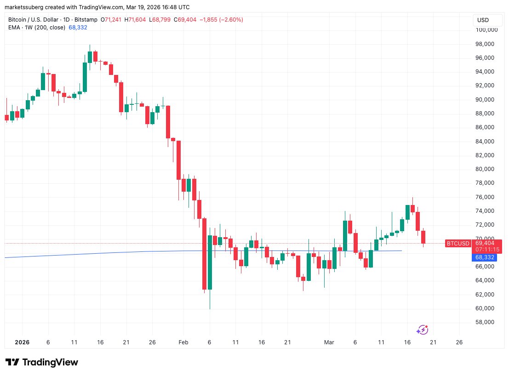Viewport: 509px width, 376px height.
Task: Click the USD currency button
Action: coord(483,20)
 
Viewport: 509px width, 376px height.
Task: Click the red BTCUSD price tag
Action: coord(458,243)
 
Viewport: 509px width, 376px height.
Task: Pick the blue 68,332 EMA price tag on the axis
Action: coord(485,257)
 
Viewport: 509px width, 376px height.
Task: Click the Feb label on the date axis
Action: coord(183,342)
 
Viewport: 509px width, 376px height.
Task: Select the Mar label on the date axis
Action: coord(329,342)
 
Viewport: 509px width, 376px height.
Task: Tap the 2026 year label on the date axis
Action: coord(22,342)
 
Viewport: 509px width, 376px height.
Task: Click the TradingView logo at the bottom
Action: coord(41,362)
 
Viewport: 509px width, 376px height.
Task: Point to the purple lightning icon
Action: coord(422,330)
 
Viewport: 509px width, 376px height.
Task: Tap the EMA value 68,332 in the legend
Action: coord(77,28)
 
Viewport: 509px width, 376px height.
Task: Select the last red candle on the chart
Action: coord(423,237)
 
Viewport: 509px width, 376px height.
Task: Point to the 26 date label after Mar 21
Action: coord(458,342)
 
